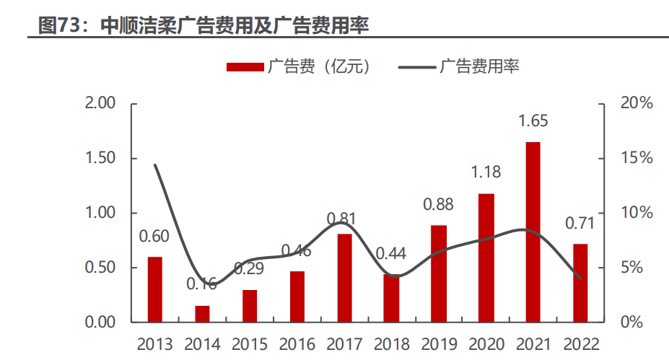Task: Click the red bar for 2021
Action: pyautogui.click(x=533, y=232)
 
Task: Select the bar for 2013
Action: pyautogui.click(x=155, y=289)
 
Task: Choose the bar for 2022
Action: pyautogui.click(x=580, y=282)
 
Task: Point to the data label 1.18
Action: pyautogui.click(x=486, y=173)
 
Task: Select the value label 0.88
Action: pyautogui.click(x=438, y=205)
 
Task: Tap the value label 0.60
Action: pyautogui.click(x=154, y=236)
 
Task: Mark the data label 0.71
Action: pyautogui.click(x=580, y=224)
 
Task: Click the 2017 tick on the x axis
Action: pyautogui.click(x=344, y=343)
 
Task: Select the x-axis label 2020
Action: pyautogui.click(x=486, y=343)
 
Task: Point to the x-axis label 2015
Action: pyautogui.click(x=249, y=343)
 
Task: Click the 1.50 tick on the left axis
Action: pyautogui.click(x=100, y=158)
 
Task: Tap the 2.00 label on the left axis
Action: pyautogui.click(x=100, y=103)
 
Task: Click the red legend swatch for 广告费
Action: pyautogui.click(x=245, y=67)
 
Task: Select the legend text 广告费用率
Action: pyautogui.click(x=479, y=67)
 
